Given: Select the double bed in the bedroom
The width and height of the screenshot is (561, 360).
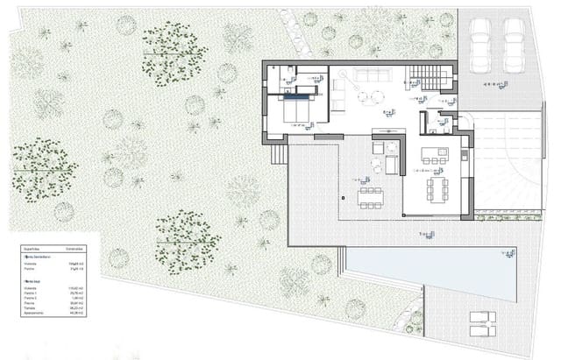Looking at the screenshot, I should click(x=296, y=111).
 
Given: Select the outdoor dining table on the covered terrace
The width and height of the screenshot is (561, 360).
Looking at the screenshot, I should click(x=370, y=191).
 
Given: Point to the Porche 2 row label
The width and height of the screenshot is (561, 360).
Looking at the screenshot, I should click(x=30, y=297).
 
